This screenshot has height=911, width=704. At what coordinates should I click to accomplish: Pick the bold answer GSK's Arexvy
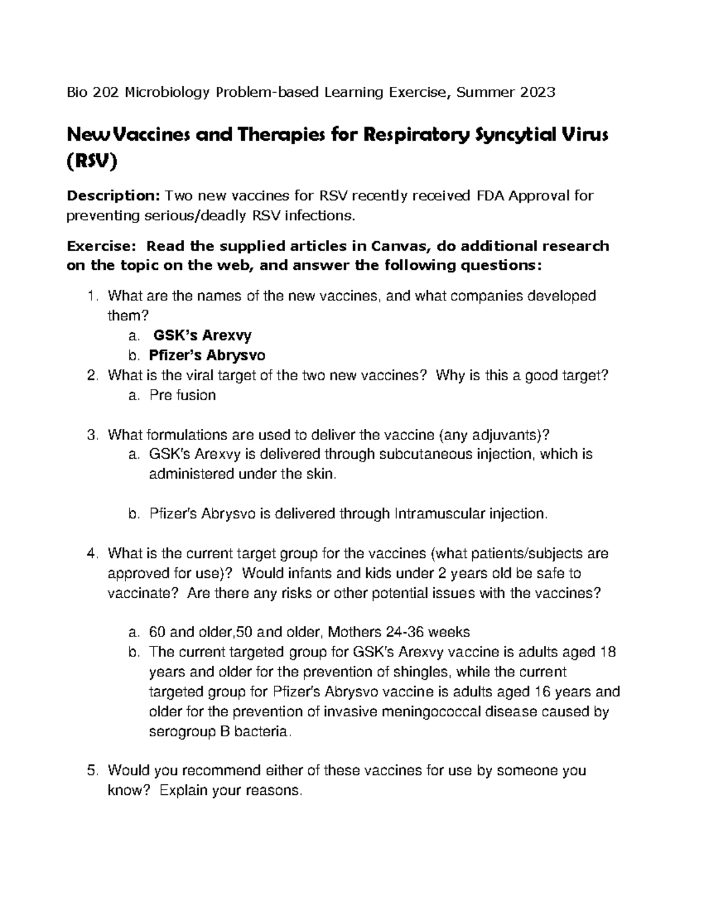202,336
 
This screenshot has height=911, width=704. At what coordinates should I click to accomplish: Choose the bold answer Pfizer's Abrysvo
207,355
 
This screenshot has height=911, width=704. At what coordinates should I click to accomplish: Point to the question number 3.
91,435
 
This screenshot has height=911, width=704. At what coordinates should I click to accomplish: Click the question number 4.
91,553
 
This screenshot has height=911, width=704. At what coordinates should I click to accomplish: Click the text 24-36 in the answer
406,632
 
